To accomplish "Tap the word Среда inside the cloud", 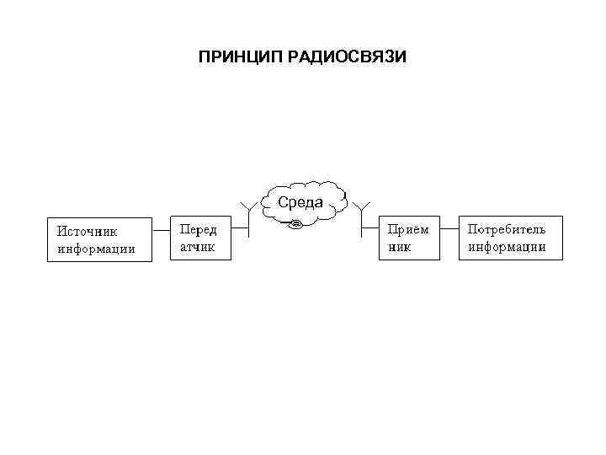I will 300,202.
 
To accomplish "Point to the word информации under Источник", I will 96,249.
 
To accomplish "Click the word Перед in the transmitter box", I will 198,229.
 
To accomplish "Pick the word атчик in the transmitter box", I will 197,248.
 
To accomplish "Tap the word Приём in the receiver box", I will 407,229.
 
